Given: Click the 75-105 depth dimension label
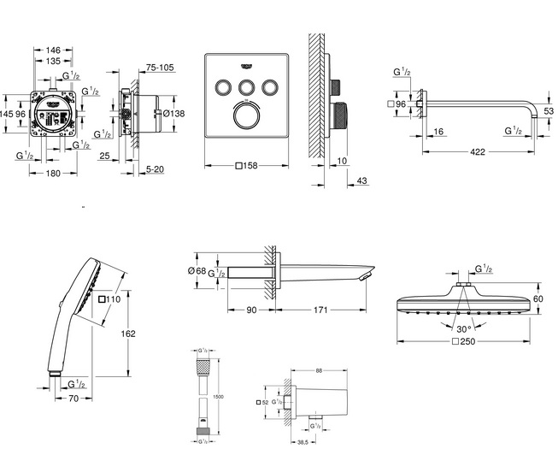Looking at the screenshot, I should click(160, 66).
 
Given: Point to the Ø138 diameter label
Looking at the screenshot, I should click(174, 114).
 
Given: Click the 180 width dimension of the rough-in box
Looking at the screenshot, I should click(54, 174).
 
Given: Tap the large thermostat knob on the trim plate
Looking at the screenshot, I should click(249, 116).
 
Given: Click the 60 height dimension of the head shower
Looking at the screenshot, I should click(537, 300).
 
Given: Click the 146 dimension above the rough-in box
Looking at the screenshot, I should click(54, 50).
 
